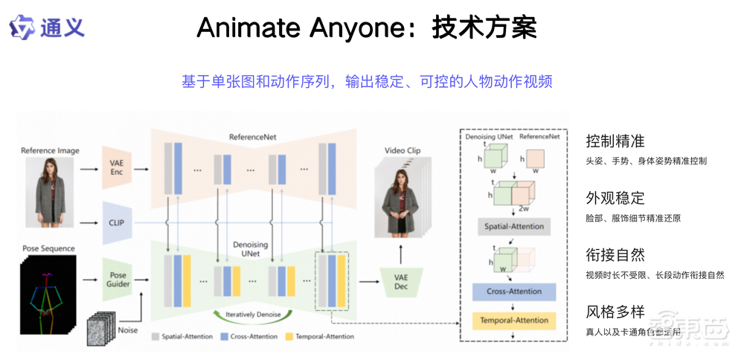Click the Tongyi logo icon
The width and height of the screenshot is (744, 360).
[22, 28]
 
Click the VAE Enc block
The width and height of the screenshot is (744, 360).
[116, 167]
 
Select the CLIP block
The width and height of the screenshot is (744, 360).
[116, 222]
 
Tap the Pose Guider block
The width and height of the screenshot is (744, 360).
[118, 280]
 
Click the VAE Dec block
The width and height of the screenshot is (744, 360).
[401, 282]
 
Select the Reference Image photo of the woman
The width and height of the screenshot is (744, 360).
[50, 192]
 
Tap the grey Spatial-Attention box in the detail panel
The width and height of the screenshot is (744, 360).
[513, 226]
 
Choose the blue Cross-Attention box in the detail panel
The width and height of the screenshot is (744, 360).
[513, 292]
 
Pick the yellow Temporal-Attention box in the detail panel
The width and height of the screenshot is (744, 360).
[513, 321]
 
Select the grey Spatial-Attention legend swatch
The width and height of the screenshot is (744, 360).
[155, 337]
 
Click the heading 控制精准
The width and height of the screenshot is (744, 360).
[615, 141]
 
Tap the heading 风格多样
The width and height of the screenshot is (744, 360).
[615, 312]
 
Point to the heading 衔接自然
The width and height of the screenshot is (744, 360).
[615, 255]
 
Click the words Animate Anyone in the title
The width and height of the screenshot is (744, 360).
[302, 28]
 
